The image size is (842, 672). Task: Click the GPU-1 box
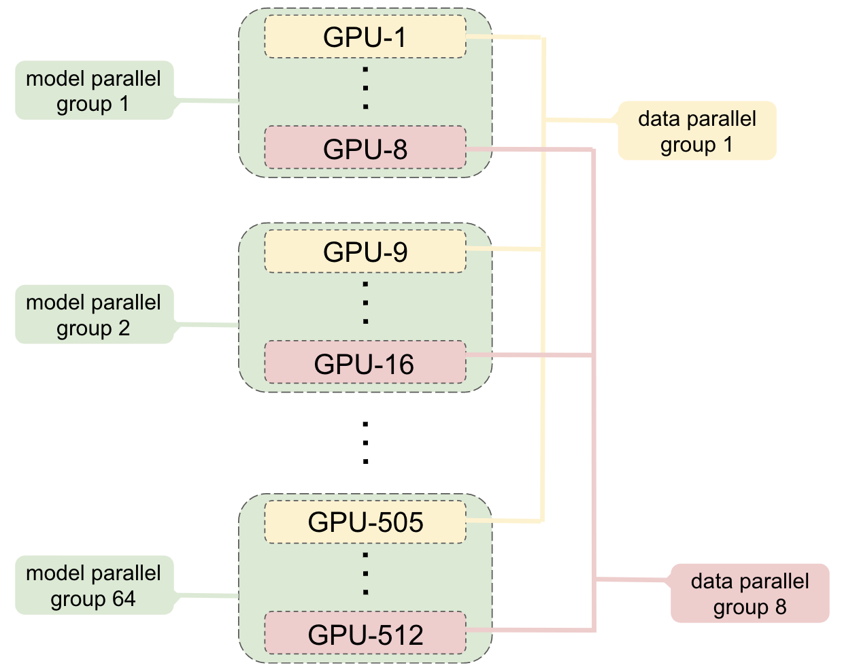tap(365, 37)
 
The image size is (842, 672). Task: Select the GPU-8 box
tap(365, 148)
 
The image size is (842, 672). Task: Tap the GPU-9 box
tap(365, 252)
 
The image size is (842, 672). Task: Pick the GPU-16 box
tap(365, 363)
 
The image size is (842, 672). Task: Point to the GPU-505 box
tap(365, 522)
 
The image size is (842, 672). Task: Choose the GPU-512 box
tap(365, 634)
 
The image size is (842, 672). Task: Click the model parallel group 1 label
tap(94, 90)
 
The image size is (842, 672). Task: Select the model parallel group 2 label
tap(94, 314)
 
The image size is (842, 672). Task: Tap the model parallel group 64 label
tap(94, 586)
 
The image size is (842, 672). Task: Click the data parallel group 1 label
tap(697, 131)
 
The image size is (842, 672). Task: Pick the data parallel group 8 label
tap(750, 593)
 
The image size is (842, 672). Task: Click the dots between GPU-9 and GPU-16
tap(365, 303)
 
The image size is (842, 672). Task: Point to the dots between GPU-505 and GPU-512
tap(365, 574)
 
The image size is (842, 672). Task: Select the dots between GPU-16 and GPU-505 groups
tap(365, 442)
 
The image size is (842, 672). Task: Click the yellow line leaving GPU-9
tap(503, 250)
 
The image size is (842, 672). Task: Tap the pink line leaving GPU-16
tap(531, 355)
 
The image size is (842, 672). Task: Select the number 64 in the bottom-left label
tap(124, 599)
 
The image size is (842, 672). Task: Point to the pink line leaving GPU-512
tap(531, 631)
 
